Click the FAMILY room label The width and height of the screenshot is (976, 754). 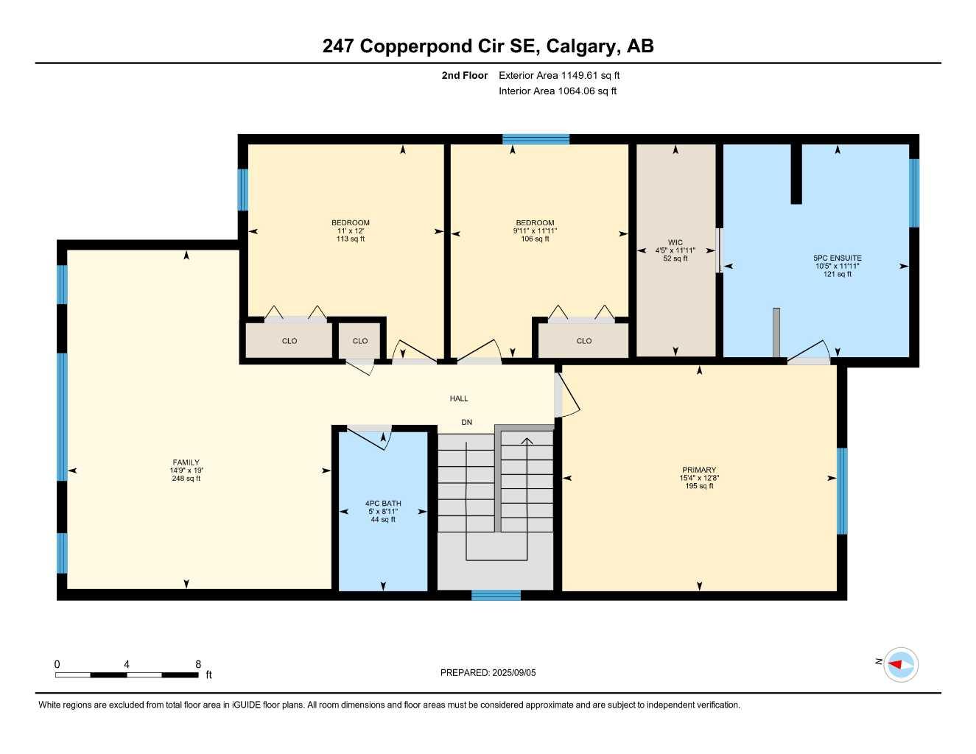pyautogui.click(x=186, y=463)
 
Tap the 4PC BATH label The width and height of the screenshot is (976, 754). pyautogui.click(x=383, y=504)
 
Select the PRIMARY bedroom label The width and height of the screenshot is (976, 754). pyautogui.click(x=699, y=470)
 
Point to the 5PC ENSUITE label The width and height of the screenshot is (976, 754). pyautogui.click(x=838, y=258)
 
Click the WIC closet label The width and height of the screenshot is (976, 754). pyautogui.click(x=675, y=242)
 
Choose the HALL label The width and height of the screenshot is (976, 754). pyautogui.click(x=459, y=398)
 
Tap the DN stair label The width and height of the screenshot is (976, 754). pyautogui.click(x=467, y=422)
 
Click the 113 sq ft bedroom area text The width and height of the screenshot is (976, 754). pyautogui.click(x=351, y=239)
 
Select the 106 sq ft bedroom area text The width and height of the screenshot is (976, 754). pyautogui.click(x=536, y=239)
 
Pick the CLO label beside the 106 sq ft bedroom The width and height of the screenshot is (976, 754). pyautogui.click(x=584, y=341)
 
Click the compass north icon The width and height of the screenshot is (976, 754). pyautogui.click(x=900, y=664)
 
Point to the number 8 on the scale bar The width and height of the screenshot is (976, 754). pyautogui.click(x=198, y=664)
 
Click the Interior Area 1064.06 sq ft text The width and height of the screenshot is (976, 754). pyautogui.click(x=558, y=91)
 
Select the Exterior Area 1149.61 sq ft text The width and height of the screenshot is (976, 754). pyautogui.click(x=559, y=75)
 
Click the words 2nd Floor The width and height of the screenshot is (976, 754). pyautogui.click(x=465, y=75)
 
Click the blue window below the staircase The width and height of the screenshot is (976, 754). pyautogui.click(x=496, y=595)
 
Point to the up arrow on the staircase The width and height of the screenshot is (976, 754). pyautogui.click(x=527, y=443)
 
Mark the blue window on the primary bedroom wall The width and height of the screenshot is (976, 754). pyautogui.click(x=842, y=490)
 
